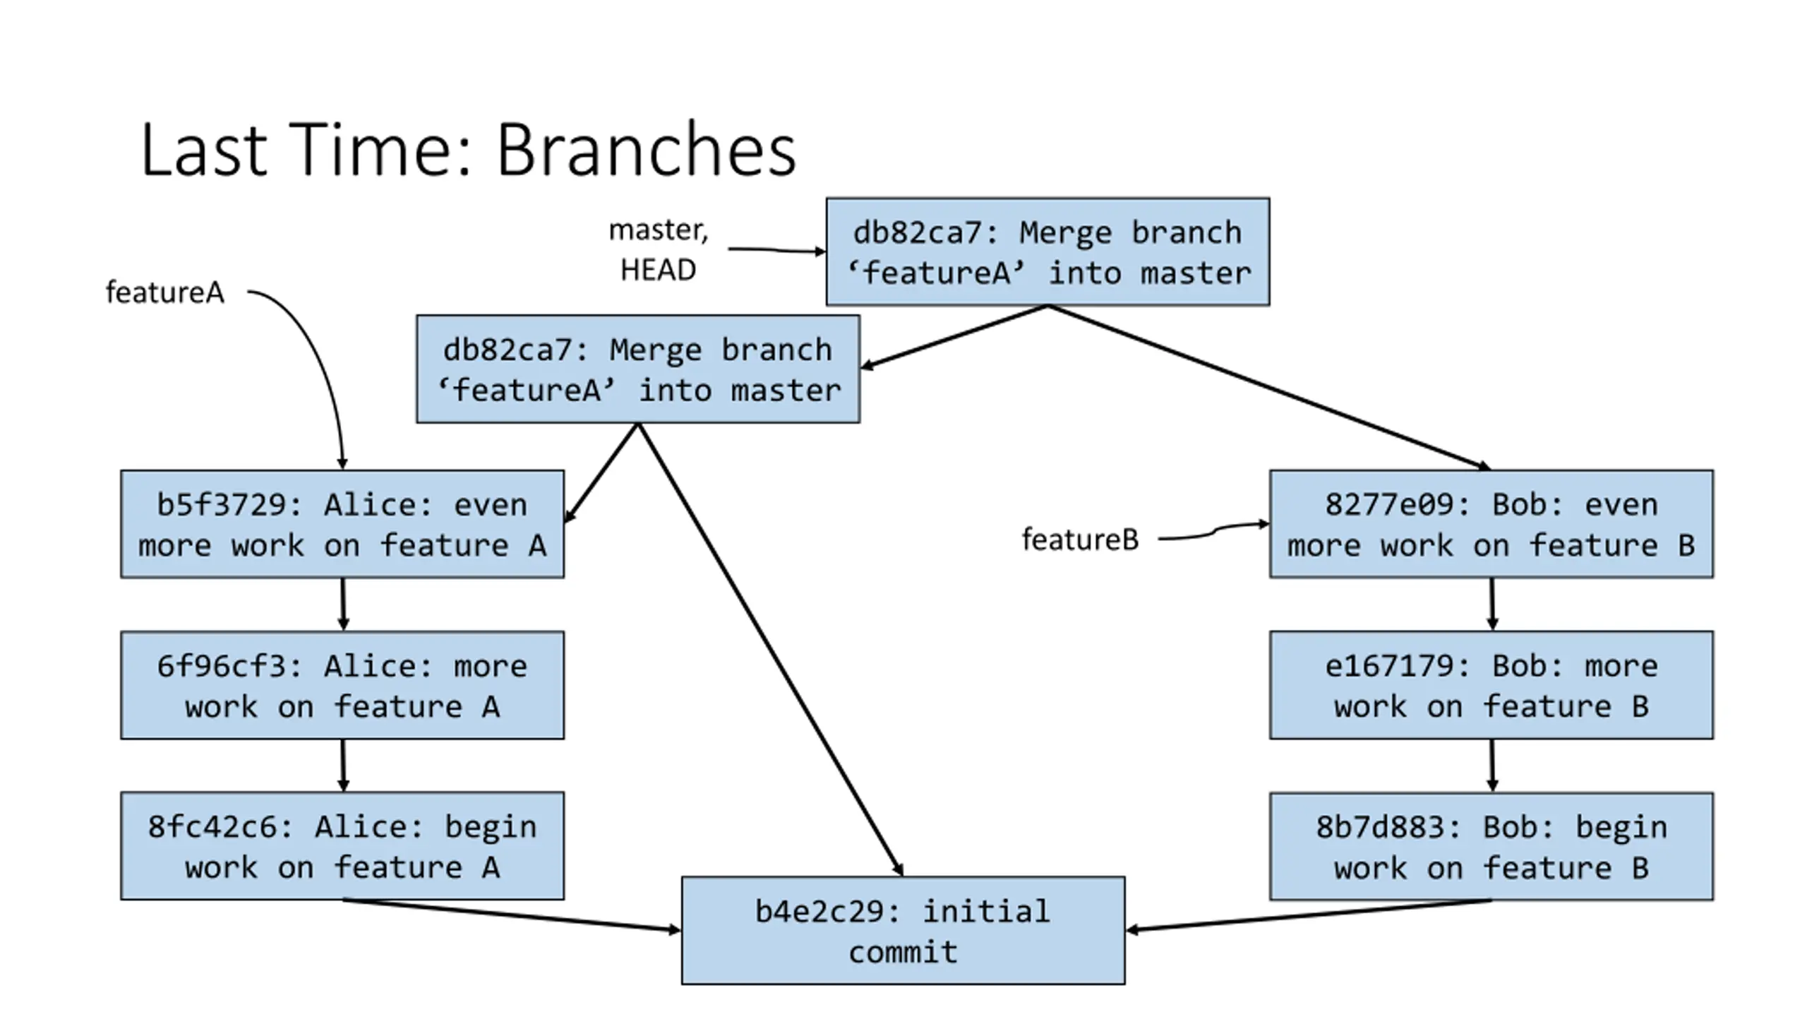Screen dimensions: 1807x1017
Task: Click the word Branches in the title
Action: (x=647, y=150)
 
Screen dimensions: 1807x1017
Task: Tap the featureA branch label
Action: (x=164, y=292)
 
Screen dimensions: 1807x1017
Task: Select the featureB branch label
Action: (x=1080, y=540)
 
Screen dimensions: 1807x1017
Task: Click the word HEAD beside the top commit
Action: (x=658, y=270)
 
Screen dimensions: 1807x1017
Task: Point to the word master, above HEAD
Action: (x=658, y=230)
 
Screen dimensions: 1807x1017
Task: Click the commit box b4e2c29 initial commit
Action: (x=903, y=930)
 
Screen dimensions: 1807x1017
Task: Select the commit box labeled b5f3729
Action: (x=342, y=524)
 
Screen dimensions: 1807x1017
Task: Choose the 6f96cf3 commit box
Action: (x=342, y=685)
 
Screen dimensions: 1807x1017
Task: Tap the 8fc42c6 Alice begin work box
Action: (x=342, y=846)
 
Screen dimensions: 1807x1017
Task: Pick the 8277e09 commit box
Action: (x=1491, y=524)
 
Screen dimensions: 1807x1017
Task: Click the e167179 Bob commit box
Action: (x=1491, y=685)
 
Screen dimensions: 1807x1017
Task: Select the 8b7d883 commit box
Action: (x=1491, y=846)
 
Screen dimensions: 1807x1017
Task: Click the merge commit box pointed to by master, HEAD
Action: (x=1047, y=251)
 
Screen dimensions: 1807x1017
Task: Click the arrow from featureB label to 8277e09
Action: (x=1213, y=530)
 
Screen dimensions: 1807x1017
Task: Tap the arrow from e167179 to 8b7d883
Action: (x=1491, y=766)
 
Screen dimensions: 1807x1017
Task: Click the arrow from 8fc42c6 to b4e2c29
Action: (x=512, y=915)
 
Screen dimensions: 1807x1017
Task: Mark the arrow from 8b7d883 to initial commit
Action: (x=1309, y=915)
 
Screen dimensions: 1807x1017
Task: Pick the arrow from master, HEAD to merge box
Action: (x=776, y=250)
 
